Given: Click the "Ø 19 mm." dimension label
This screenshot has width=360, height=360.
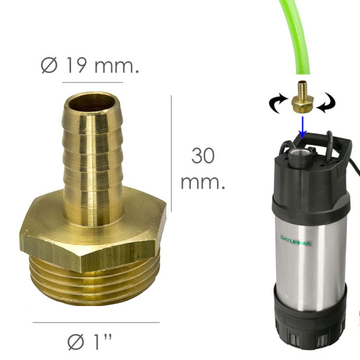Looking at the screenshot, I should [x=89, y=66].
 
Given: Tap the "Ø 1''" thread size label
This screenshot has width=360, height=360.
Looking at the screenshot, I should [x=90, y=340].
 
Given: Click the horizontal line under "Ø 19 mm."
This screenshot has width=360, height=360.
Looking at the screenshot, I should [x=93, y=82].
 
